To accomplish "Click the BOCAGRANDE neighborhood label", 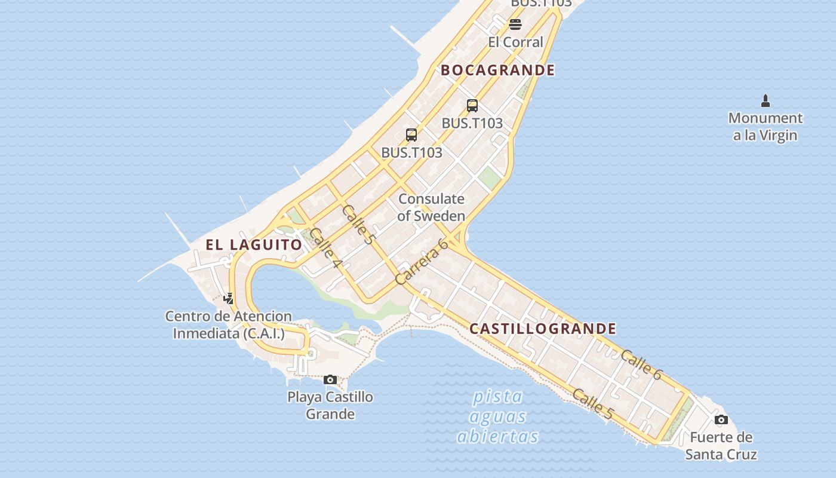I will click(x=497, y=70).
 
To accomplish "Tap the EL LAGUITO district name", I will click(x=254, y=244).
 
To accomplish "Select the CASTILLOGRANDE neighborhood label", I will click(x=542, y=329).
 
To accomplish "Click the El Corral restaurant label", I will click(x=515, y=42).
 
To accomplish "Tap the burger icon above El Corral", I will click(x=515, y=24).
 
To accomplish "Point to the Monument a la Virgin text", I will click(x=765, y=127).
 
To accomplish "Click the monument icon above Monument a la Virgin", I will click(x=766, y=100).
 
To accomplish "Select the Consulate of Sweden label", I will click(x=431, y=207).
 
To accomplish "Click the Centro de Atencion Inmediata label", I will click(x=228, y=324).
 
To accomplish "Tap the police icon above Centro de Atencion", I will click(x=228, y=298).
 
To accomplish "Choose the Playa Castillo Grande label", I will click(x=330, y=405).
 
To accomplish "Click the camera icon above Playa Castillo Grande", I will click(x=330, y=379).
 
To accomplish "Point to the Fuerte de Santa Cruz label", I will click(x=721, y=446).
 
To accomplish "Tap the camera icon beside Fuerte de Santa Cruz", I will click(x=721, y=419).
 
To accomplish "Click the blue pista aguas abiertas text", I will click(x=497, y=416).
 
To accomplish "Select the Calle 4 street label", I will click(x=325, y=248).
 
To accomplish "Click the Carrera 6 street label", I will click(x=422, y=261).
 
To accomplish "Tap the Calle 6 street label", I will click(x=641, y=364).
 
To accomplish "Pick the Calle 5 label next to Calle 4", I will click(x=358, y=225).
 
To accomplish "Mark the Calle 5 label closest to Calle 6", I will click(x=593, y=403).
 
